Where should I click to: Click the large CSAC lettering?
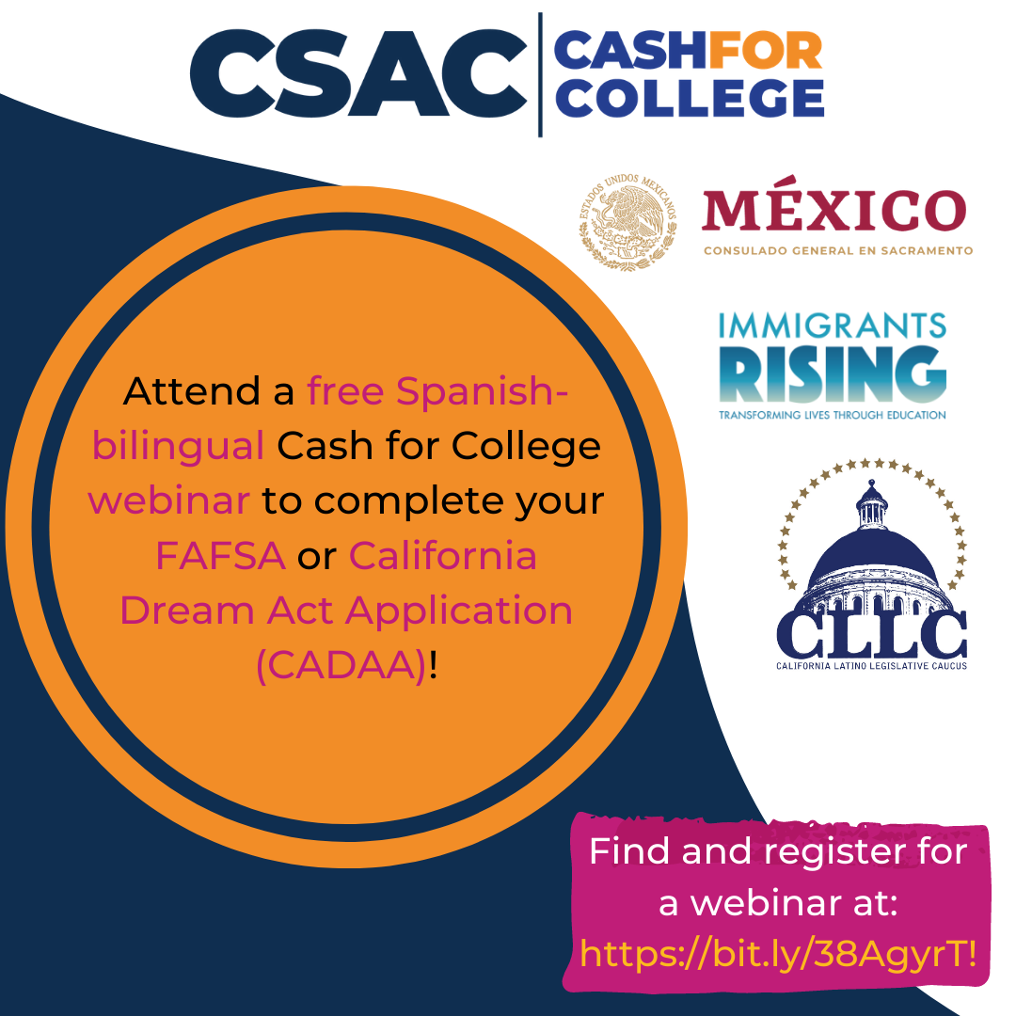pyautogui.click(x=358, y=73)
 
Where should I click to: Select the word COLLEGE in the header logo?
pyautogui.click(x=690, y=98)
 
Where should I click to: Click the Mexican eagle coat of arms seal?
pyautogui.click(x=627, y=222)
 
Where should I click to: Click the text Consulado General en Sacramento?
pyautogui.click(x=838, y=251)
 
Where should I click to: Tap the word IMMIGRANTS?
pyautogui.click(x=833, y=325)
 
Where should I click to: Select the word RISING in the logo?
pyautogui.click(x=833, y=373)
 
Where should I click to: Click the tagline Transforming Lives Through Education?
pyautogui.click(x=833, y=415)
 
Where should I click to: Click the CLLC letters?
pyautogui.click(x=871, y=633)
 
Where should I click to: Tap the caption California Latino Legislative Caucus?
pyautogui.click(x=871, y=666)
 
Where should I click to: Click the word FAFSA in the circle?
pyautogui.click(x=220, y=556)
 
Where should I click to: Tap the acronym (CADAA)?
pyautogui.click(x=341, y=665)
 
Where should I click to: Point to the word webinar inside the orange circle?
pyautogui.click(x=169, y=500)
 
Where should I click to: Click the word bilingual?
pyautogui.click(x=178, y=447)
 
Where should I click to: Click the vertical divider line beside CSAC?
pyautogui.click(x=540, y=74)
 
